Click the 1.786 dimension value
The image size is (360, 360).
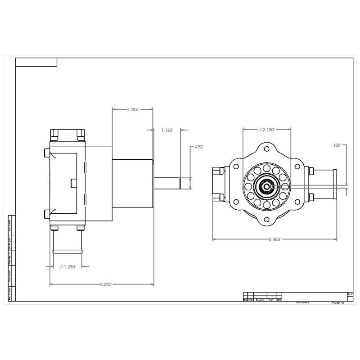click(133, 109)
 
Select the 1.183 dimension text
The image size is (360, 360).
click(167, 130)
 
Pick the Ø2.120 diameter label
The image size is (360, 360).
click(266, 129)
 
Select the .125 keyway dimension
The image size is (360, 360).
click(337, 145)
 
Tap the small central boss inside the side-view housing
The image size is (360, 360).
click(74, 183)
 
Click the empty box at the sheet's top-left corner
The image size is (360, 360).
click(36, 62)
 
